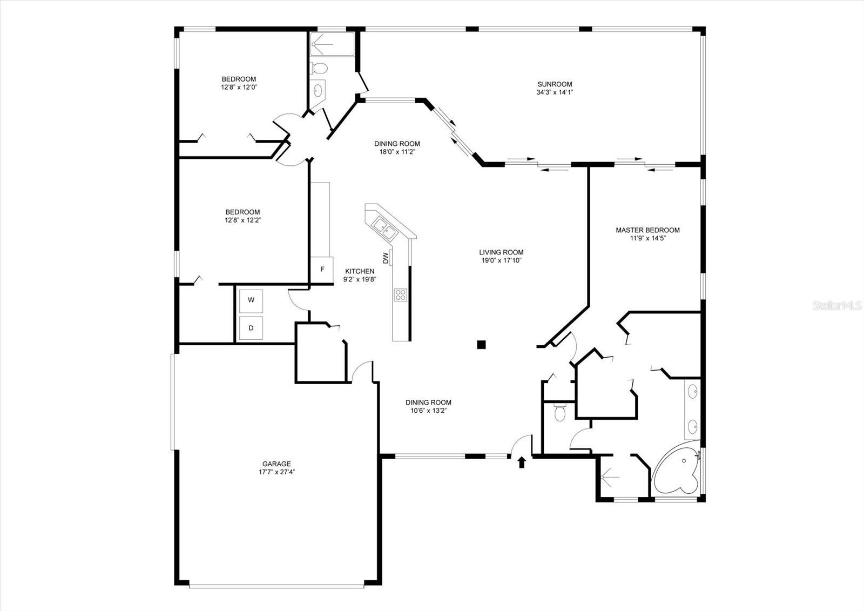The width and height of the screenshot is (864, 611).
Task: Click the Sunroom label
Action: pyautogui.click(x=555, y=84)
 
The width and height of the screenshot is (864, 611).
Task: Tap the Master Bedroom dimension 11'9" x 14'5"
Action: pyautogui.click(x=647, y=238)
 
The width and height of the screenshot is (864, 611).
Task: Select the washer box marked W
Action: pyautogui.click(x=251, y=300)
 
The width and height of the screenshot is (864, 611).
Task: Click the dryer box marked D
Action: pyautogui.click(x=251, y=328)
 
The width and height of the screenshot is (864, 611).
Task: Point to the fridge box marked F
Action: pyautogui.click(x=322, y=268)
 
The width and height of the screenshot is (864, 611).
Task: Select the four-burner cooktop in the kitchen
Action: pyautogui.click(x=400, y=295)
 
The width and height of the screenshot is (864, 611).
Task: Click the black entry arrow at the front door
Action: pyautogui.click(x=522, y=462)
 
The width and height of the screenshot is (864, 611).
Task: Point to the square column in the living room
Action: pyautogui.click(x=482, y=344)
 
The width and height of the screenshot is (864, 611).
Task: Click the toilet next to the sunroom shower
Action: pyautogui.click(x=320, y=69)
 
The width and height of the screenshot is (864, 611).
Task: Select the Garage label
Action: pyautogui.click(x=276, y=464)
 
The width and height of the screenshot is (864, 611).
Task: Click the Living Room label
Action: pyautogui.click(x=501, y=252)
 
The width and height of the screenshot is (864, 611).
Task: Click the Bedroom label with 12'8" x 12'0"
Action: pyautogui.click(x=239, y=79)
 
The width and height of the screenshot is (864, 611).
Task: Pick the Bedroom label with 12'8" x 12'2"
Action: pyautogui.click(x=242, y=212)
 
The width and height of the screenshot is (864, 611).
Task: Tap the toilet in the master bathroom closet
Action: pyautogui.click(x=560, y=414)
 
